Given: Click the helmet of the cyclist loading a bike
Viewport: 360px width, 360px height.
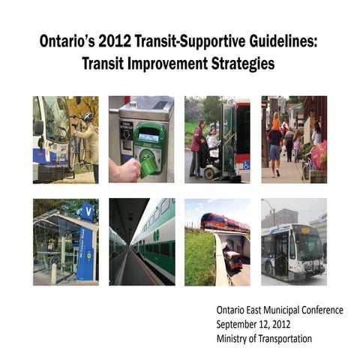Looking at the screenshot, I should point(88,116).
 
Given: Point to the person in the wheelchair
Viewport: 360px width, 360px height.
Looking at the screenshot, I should point(212,146).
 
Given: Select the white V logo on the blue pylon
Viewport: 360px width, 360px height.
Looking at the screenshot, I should point(87,211).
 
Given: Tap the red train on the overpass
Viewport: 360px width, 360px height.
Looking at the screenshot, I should point(223,222).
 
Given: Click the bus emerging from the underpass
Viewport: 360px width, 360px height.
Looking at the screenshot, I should point(233,259).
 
